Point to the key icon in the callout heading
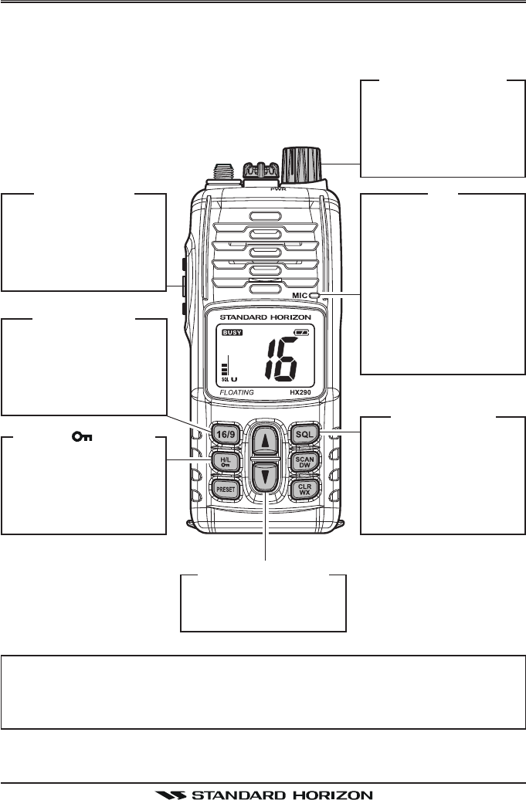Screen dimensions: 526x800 pyautogui.click(x=79, y=437)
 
